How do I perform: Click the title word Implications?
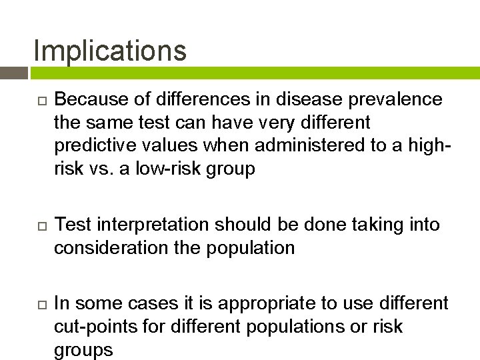(x=110, y=51)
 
